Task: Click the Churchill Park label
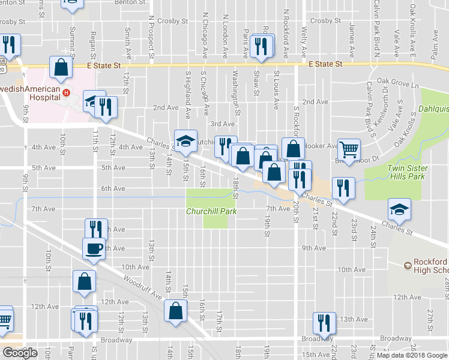pos(211,211)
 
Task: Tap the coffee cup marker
pos(94,248)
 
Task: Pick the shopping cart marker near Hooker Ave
pos(348,149)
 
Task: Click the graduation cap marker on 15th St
pos(185,140)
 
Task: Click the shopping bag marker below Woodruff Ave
pos(175,311)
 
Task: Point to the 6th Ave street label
pos(113,188)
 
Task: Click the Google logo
pos(20,353)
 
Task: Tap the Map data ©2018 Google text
pos(412,355)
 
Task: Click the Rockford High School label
pos(430,266)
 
